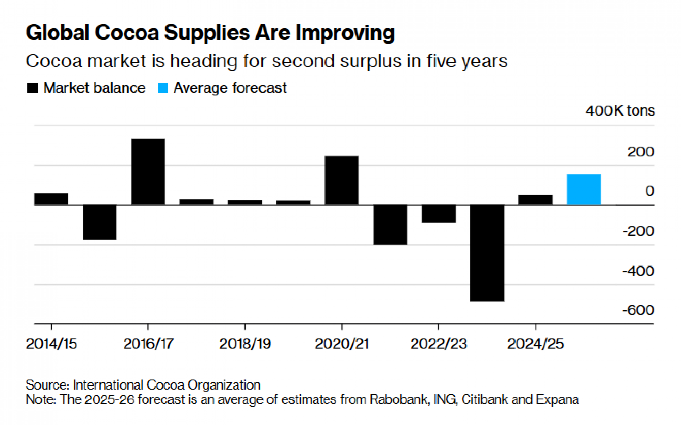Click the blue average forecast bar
click(x=584, y=189)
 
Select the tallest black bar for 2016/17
click(x=148, y=171)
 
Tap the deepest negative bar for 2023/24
click(x=487, y=253)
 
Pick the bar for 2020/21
click(x=342, y=180)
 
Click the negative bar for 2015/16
click(x=100, y=222)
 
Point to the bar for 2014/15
click(x=51, y=199)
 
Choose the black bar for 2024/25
click(x=535, y=199)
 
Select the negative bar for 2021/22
click(x=390, y=224)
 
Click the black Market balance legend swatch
click(x=33, y=88)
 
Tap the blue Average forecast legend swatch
click(x=163, y=88)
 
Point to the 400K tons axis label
click(x=620, y=111)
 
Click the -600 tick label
click(x=638, y=310)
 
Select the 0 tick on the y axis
click(x=649, y=191)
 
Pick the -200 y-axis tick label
click(x=638, y=231)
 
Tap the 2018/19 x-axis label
click(x=245, y=344)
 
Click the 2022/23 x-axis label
click(x=439, y=344)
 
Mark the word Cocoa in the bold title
click(x=127, y=33)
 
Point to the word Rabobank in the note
click(x=399, y=399)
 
